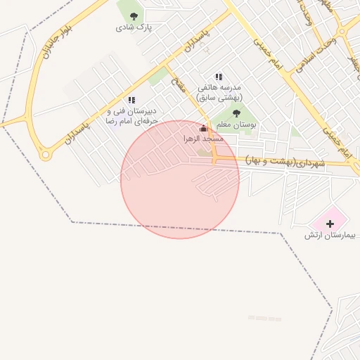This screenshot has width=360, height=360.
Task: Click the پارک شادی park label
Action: [x=134, y=27]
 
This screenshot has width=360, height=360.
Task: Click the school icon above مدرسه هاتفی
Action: [x=219, y=77]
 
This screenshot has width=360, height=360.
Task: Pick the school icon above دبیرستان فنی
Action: [x=131, y=101]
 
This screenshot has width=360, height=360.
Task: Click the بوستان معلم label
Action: [x=236, y=124]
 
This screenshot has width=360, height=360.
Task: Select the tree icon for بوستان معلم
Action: [x=236, y=112]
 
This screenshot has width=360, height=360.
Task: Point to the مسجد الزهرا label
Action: [x=203, y=139]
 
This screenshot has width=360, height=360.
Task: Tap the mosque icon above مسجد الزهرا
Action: [x=204, y=129]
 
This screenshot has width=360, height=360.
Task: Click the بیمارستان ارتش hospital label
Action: [x=330, y=235]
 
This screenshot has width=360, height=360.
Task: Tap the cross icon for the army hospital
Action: [x=330, y=223]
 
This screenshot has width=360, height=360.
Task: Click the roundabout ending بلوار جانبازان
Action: [x=47, y=153]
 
